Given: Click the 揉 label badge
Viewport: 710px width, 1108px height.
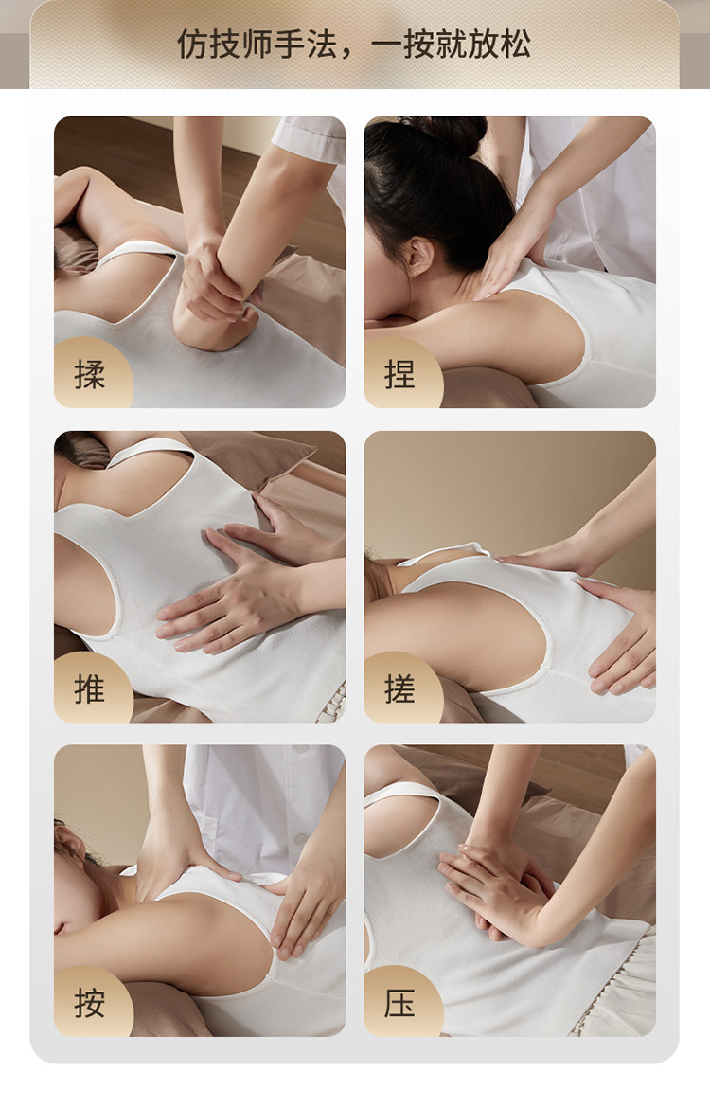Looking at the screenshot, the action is [92, 372].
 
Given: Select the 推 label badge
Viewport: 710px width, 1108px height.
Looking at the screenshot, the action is [92, 687].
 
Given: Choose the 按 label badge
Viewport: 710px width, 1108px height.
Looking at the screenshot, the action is [92, 1001].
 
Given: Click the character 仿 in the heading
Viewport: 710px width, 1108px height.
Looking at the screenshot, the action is [192, 44].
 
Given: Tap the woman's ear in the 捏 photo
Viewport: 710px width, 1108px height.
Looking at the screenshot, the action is [419, 256].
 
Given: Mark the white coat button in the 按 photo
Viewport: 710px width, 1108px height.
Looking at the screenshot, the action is [299, 838].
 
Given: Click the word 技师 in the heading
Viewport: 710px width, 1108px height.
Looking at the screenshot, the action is [240, 44].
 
